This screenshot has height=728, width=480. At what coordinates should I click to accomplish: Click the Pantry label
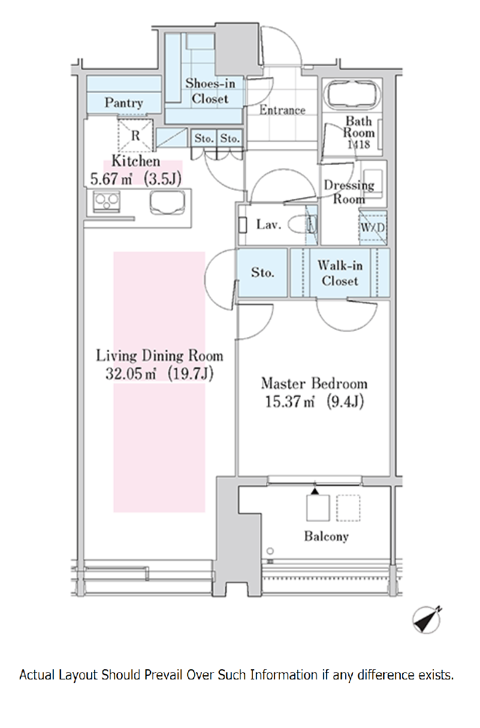123,103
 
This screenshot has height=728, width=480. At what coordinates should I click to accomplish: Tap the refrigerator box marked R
135,135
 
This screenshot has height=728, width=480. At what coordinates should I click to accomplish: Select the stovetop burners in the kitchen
107,201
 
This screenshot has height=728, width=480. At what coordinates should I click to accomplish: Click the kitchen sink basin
167,203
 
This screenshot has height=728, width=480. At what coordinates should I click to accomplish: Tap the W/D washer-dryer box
373,227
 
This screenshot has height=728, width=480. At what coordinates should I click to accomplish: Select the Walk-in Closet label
340,273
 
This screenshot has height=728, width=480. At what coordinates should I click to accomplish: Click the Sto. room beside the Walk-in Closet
262,272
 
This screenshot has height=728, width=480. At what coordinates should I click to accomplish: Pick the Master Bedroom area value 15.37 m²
290,402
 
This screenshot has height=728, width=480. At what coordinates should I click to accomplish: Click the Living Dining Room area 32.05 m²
131,374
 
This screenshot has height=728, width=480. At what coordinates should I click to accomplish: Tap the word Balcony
327,536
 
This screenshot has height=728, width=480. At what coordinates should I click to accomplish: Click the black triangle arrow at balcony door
315,491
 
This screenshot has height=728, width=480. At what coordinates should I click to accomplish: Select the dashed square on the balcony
348,508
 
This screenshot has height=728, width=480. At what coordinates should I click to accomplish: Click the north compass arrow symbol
427,619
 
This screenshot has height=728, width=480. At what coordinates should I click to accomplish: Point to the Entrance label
282,110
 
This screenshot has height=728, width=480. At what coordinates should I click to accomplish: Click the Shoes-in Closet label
210,91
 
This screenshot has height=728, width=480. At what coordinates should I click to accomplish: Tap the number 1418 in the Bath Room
358,145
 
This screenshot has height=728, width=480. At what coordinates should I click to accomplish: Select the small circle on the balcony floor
270,551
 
